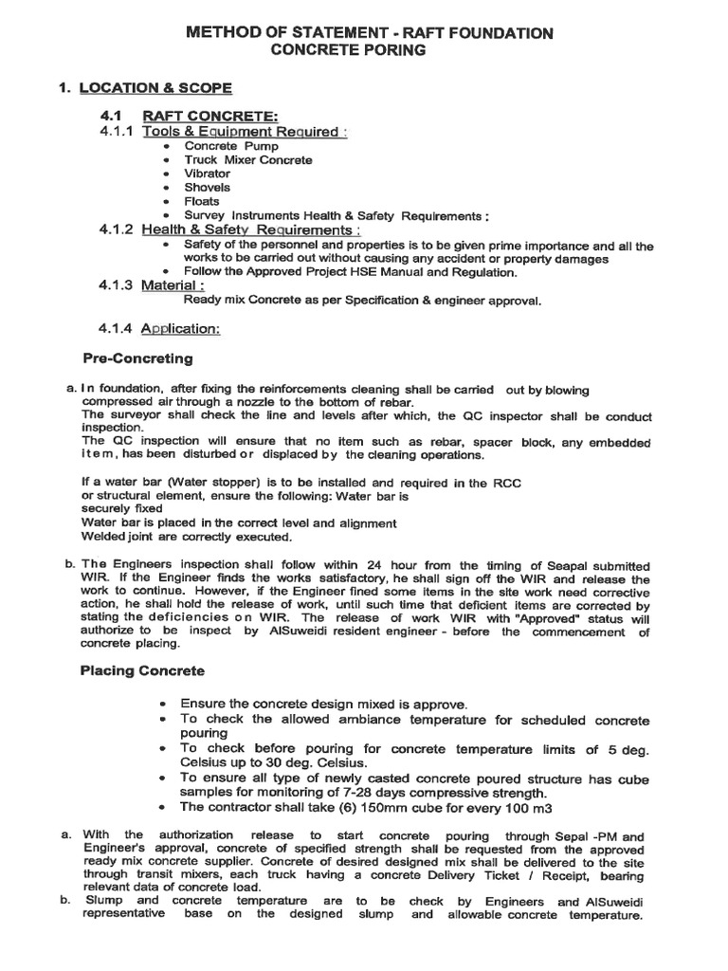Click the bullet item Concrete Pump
tap(219, 147)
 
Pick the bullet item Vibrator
tap(207, 174)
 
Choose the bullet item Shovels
tap(207, 188)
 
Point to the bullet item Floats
tap(202, 201)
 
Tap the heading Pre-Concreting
tap(137, 358)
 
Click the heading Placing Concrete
tap(141, 670)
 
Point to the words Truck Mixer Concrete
tap(247, 160)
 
